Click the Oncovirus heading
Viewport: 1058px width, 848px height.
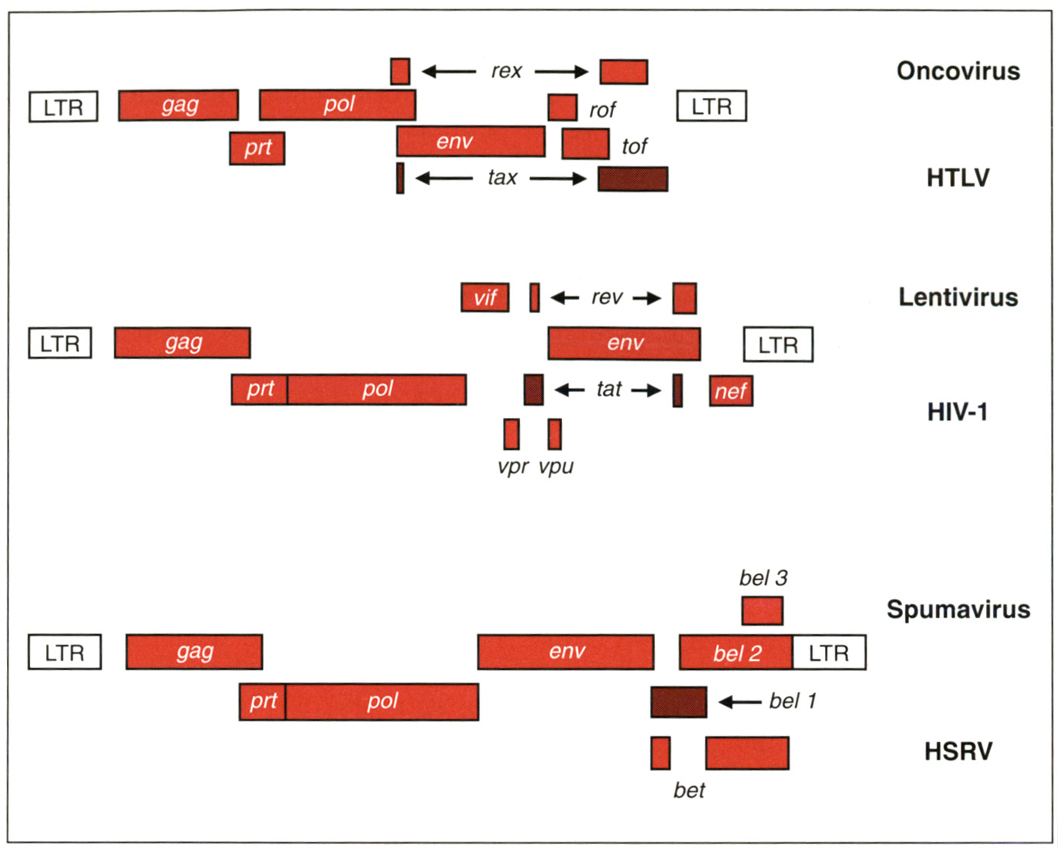click(x=958, y=71)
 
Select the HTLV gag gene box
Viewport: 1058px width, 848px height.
click(x=178, y=105)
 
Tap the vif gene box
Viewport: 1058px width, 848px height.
click(x=485, y=297)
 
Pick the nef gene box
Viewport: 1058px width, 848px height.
click(x=731, y=391)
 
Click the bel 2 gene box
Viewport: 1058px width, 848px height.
click(x=736, y=652)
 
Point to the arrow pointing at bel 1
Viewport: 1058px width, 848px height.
click(x=740, y=701)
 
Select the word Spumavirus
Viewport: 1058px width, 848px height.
click(x=958, y=610)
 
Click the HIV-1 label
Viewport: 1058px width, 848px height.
click(x=957, y=413)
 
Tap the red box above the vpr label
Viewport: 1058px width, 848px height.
click(x=511, y=434)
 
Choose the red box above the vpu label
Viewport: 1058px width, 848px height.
click(x=554, y=434)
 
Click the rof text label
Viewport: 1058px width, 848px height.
click(x=602, y=110)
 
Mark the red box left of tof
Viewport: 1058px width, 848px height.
click(x=585, y=144)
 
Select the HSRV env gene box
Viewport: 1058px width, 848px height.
click(x=566, y=652)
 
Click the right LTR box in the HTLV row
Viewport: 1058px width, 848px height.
click(x=711, y=106)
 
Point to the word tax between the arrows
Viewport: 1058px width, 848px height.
click(x=502, y=178)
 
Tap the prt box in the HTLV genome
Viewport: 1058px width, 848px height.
click(x=257, y=147)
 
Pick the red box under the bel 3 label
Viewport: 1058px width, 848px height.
click(x=762, y=610)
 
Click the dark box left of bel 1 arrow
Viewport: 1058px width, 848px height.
click(x=678, y=701)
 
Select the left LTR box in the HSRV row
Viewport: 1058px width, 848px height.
click(x=64, y=652)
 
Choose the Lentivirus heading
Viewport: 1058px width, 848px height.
click(x=958, y=297)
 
